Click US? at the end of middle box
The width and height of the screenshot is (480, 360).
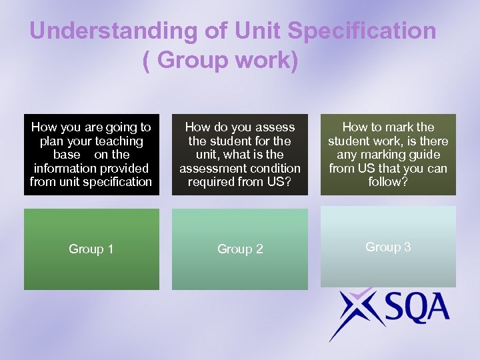click(x=278, y=181)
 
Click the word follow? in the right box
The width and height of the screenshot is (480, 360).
click(x=388, y=181)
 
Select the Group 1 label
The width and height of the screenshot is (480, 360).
click(x=91, y=249)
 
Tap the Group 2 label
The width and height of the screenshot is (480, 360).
click(x=240, y=249)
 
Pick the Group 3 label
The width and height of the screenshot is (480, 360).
click(x=388, y=247)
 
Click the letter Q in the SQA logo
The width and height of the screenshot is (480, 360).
click(x=409, y=309)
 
